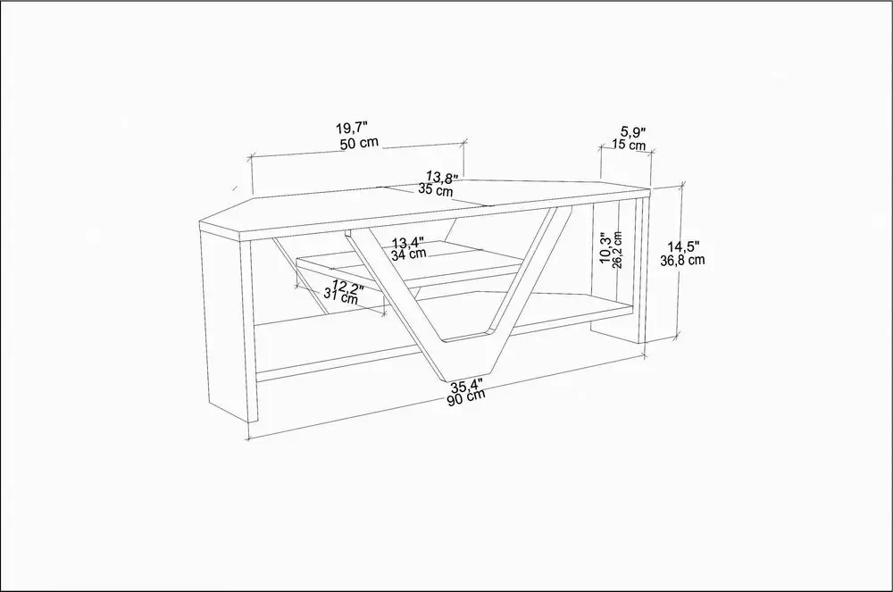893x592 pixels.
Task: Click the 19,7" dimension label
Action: point(351,127)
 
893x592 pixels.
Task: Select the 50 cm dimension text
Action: point(359,143)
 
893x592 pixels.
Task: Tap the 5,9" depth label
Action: point(633,133)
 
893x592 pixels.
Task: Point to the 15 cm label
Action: point(629,145)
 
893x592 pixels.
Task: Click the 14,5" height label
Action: point(684,247)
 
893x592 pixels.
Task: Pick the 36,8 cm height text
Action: point(682,260)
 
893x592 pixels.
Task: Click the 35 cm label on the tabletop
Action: point(436,189)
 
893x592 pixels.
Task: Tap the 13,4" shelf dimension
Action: point(407,243)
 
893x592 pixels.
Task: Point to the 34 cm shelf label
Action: point(408,254)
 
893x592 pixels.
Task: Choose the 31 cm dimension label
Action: point(340,296)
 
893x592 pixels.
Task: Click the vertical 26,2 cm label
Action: point(617,249)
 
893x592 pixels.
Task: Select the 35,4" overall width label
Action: point(467,386)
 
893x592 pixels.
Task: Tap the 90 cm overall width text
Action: point(466,396)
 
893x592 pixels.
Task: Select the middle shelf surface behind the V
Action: point(410,264)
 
